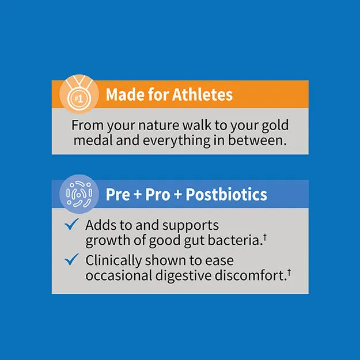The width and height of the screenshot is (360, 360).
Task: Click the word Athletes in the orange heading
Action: pos(202,94)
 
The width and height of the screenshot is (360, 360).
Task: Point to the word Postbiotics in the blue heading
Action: pos(227,194)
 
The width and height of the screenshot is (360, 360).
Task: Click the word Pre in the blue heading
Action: pos(118,194)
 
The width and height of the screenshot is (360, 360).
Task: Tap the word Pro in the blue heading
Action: pos(158,194)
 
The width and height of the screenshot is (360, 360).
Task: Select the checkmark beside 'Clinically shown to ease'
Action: pos(71,260)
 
